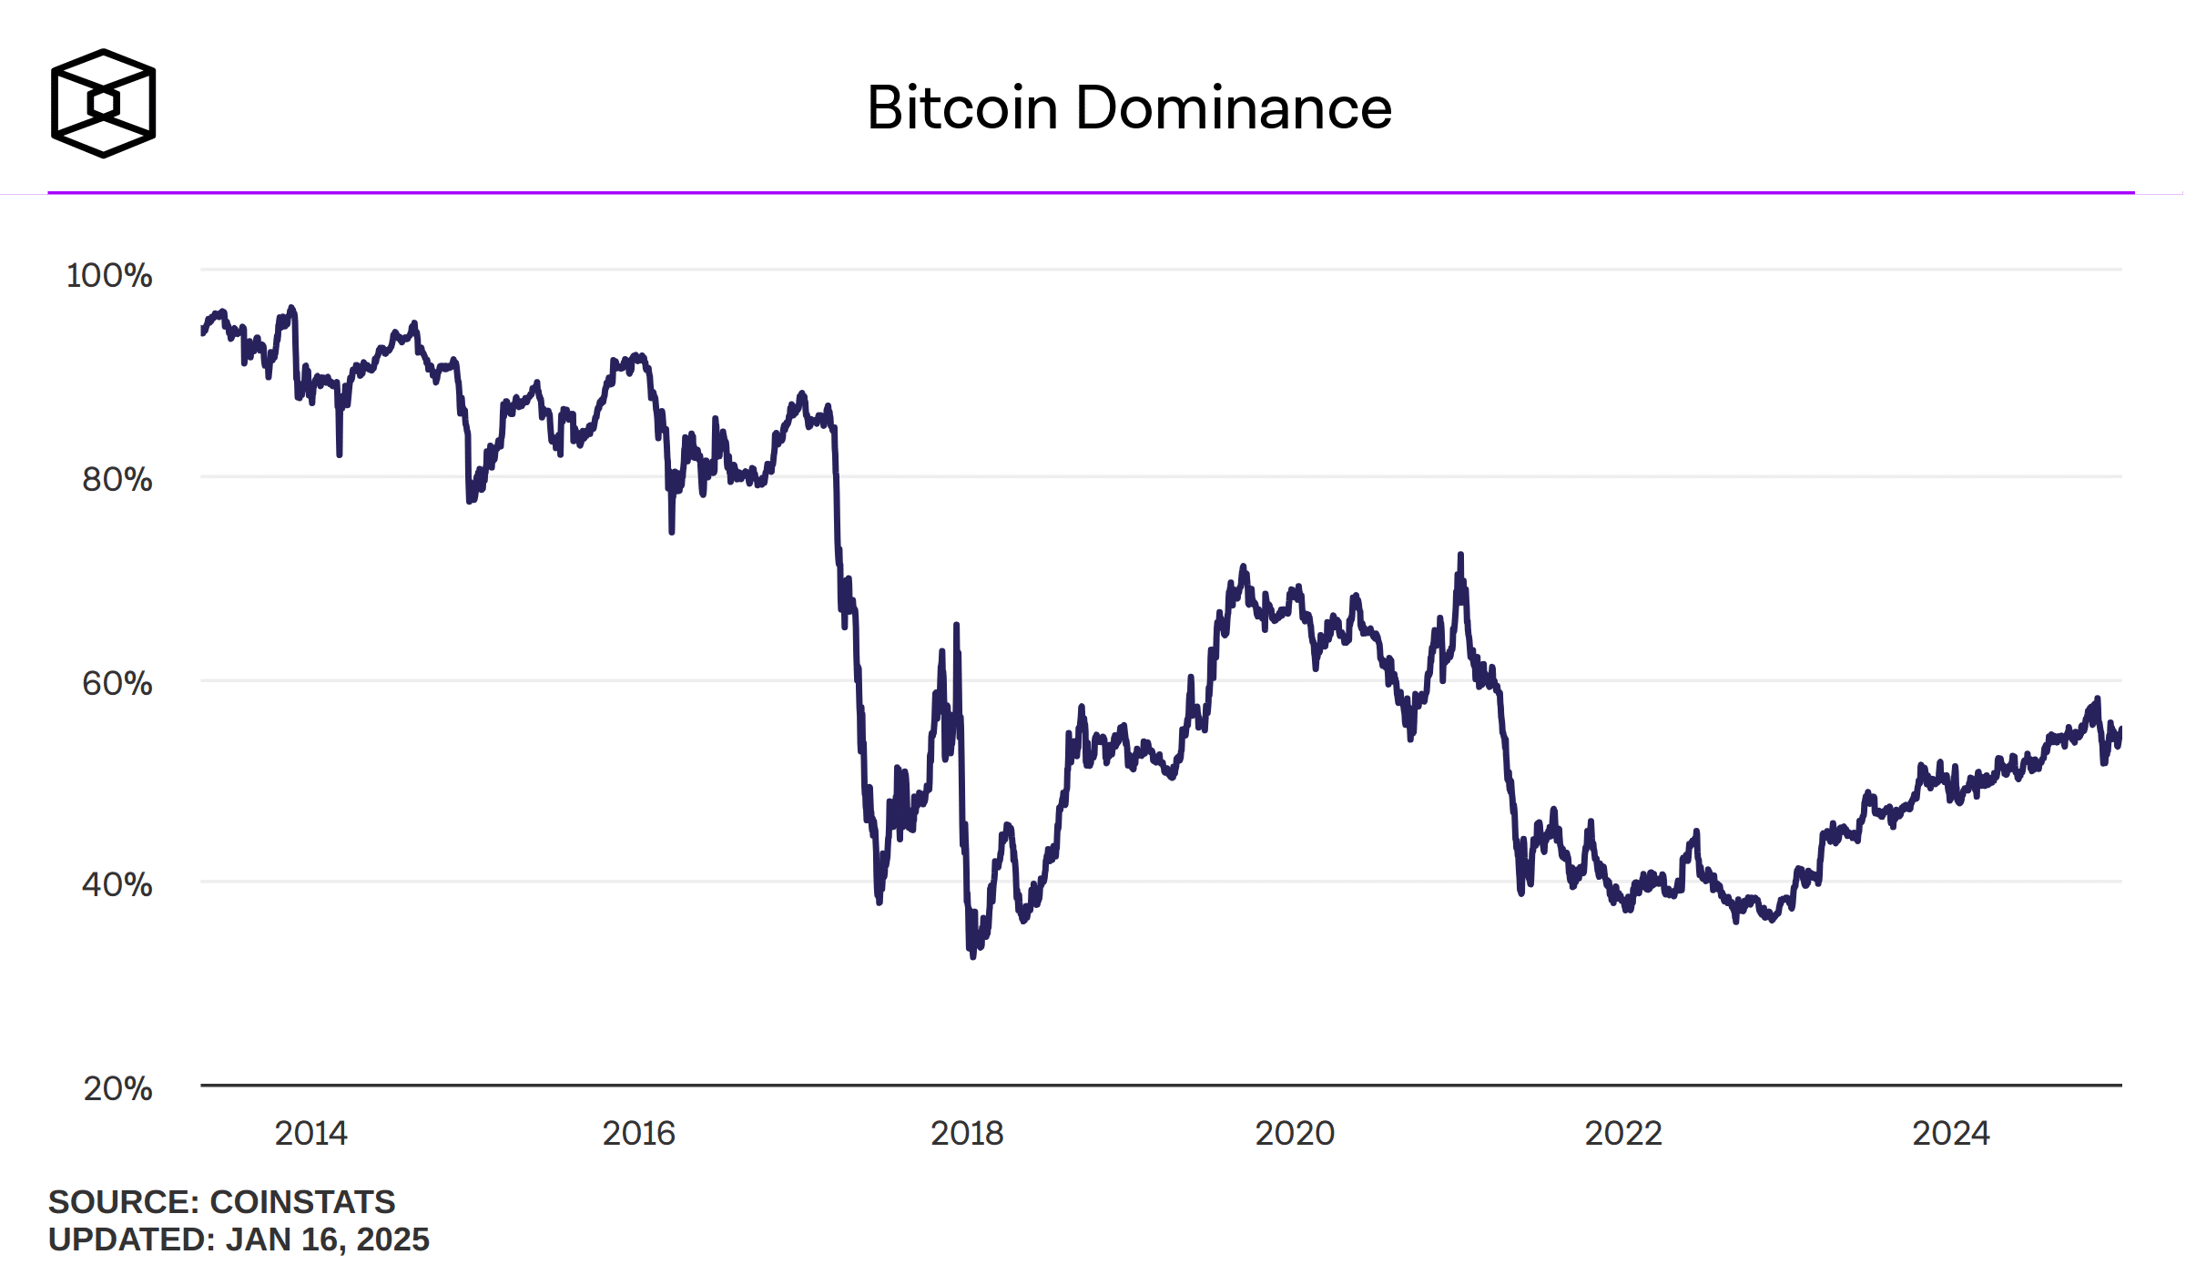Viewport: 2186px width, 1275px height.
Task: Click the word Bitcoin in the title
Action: coord(961,108)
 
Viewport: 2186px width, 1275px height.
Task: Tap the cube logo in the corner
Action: coord(103,103)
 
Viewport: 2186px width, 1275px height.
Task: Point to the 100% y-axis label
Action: coord(109,276)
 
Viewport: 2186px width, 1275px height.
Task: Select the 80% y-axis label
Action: coord(117,480)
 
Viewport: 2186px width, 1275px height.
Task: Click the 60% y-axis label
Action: coord(117,684)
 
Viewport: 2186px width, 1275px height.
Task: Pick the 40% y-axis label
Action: coord(117,884)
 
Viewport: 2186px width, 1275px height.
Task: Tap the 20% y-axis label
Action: coord(117,1088)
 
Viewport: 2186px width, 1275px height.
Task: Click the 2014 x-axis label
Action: coord(310,1134)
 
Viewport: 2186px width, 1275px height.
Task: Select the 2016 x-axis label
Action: coord(638,1134)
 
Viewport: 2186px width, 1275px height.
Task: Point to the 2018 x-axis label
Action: coord(966,1134)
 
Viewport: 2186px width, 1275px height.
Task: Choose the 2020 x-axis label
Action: coord(1295,1134)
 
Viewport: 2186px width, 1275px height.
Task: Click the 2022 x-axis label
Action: coord(1623,1134)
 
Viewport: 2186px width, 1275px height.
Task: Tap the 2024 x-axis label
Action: coord(1951,1134)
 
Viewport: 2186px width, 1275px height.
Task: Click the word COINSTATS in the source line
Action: coord(303,1202)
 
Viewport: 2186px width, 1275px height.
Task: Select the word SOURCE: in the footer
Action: coord(123,1202)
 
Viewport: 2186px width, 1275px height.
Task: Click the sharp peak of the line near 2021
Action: coord(1460,555)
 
